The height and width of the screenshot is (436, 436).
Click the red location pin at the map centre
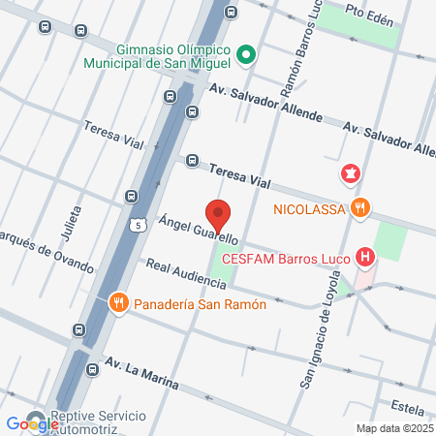click(x=218, y=214)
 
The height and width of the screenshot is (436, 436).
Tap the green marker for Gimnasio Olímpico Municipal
click(x=246, y=54)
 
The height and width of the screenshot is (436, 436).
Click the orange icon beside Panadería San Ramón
click(x=118, y=302)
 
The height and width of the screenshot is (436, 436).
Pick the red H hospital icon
click(x=365, y=257)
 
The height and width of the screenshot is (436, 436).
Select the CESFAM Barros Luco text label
click(x=286, y=258)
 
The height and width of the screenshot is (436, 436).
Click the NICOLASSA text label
click(x=307, y=207)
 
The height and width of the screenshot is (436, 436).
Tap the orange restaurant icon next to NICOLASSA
click(x=360, y=206)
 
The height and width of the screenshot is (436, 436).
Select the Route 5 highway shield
click(x=139, y=226)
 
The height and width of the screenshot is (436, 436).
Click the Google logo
click(x=31, y=423)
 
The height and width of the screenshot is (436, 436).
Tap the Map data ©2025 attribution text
click(x=392, y=428)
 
